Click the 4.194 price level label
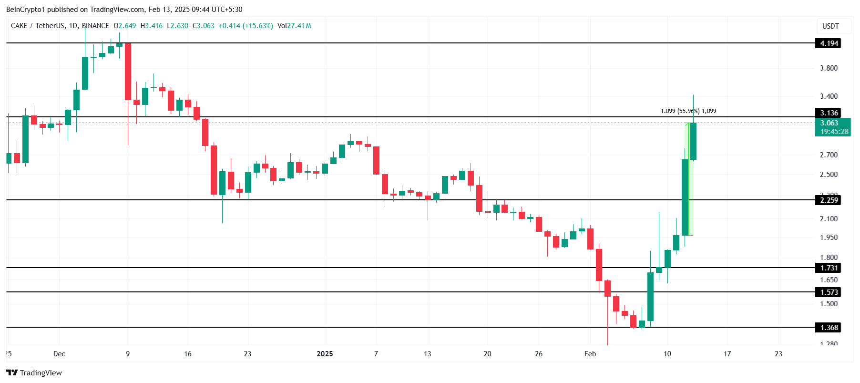(x=829, y=43)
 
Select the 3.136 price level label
(x=829, y=113)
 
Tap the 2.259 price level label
(x=829, y=200)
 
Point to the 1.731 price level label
(x=829, y=268)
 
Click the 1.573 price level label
(x=829, y=292)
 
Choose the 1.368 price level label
(x=829, y=328)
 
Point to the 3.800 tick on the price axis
(x=829, y=68)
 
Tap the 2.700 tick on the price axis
(x=829, y=155)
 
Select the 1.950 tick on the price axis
(x=829, y=238)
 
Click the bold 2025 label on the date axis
(x=325, y=354)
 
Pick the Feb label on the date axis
(x=590, y=354)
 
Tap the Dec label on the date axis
(x=59, y=354)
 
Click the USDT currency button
(x=830, y=26)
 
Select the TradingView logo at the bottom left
(x=34, y=373)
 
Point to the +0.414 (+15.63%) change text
(x=246, y=26)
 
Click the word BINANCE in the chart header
(x=95, y=26)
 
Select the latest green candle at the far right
(x=693, y=141)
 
